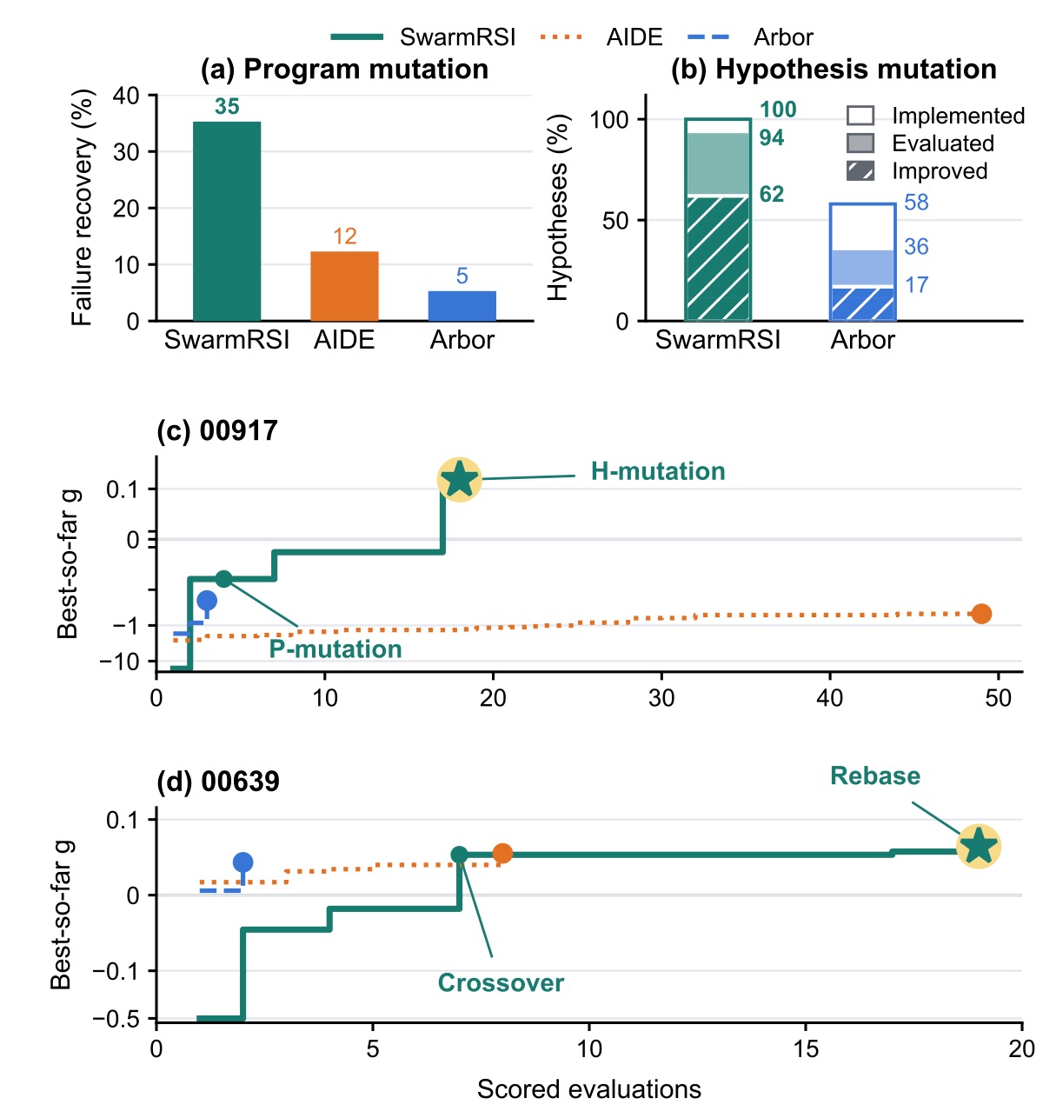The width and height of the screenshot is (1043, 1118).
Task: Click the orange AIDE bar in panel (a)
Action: coord(344,285)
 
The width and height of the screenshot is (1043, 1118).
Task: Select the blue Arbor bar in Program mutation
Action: coord(462,306)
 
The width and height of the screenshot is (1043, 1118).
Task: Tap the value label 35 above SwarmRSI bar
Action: coord(227,106)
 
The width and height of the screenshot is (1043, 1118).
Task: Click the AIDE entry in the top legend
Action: coord(601,37)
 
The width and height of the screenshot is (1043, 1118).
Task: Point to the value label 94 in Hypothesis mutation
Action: coord(771,137)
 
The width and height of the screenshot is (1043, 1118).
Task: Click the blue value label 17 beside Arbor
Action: coord(916,284)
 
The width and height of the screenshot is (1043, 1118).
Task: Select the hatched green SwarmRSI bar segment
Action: coord(718,258)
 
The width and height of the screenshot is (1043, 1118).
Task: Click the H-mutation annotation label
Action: coord(657,471)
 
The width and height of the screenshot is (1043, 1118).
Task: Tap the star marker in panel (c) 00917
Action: coord(459,479)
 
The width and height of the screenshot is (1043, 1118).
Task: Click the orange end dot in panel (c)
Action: coord(981,613)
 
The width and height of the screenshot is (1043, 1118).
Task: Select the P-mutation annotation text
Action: coord(335,649)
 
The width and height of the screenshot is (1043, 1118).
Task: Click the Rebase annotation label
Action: coord(874,775)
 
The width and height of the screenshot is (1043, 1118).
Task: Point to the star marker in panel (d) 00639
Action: coord(979,846)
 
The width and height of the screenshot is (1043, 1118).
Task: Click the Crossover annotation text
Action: coord(501,982)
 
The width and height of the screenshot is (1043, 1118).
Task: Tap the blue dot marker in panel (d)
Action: coord(242,862)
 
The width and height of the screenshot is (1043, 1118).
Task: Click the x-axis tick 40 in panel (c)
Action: coord(829,698)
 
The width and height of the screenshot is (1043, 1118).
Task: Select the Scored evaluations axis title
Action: coord(588,1089)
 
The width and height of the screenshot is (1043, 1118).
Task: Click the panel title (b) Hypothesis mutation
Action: coord(833,70)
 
